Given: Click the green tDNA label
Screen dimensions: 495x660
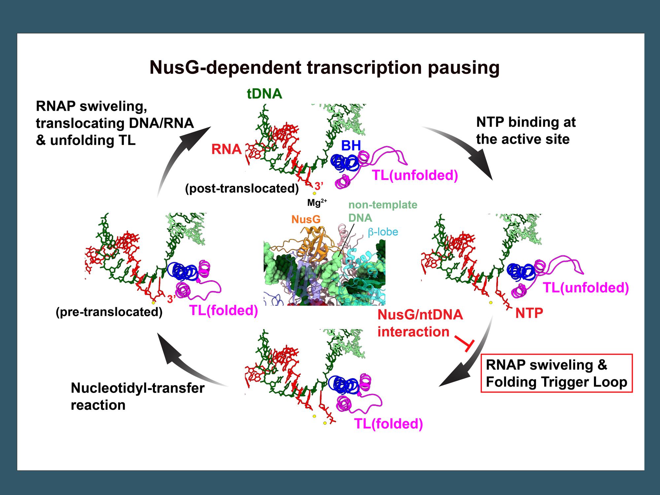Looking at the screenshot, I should [264, 94].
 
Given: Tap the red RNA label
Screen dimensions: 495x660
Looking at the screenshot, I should [226, 149].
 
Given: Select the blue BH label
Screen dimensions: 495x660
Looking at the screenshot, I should [350, 146].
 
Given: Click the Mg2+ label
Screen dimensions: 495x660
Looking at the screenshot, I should [317, 203].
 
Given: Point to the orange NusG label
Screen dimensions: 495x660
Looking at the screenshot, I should [306, 219].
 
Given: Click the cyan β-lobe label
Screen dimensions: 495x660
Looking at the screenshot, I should [383, 232].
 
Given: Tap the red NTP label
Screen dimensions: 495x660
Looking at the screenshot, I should [529, 313].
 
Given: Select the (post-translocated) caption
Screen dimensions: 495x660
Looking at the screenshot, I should [242, 188].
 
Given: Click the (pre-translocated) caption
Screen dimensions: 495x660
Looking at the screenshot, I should [109, 312].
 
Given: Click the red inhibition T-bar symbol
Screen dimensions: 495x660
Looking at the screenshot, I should [465, 343].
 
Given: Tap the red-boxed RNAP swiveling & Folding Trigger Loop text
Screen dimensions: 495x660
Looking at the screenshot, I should [556, 373].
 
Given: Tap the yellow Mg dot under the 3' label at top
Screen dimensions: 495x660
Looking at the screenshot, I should [314, 193].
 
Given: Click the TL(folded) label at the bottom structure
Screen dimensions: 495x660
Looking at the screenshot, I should [388, 424].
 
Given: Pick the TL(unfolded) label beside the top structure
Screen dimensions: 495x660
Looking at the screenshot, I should [415, 175].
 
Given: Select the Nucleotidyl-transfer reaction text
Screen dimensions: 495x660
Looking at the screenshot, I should [138, 396].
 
